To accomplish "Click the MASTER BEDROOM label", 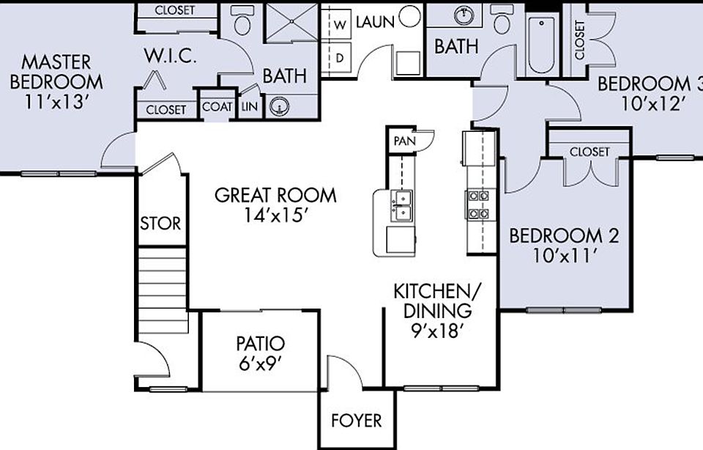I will pos(56,71).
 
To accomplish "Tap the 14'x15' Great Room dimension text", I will pos(276,216).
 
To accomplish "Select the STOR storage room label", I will pos(160,223).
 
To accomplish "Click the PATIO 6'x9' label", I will pos(260,353).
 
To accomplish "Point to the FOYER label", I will pos(357,421).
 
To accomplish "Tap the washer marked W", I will pos(340,24).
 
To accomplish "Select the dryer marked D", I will pos(340,57).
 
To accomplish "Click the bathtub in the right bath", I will pos(543,45).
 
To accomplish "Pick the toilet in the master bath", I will pos(242,22).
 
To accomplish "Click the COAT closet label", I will pos(217,107).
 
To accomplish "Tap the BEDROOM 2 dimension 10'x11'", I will pos(564,257).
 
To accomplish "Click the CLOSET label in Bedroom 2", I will pos(589,152).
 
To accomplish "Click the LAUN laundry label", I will pos(375,22).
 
